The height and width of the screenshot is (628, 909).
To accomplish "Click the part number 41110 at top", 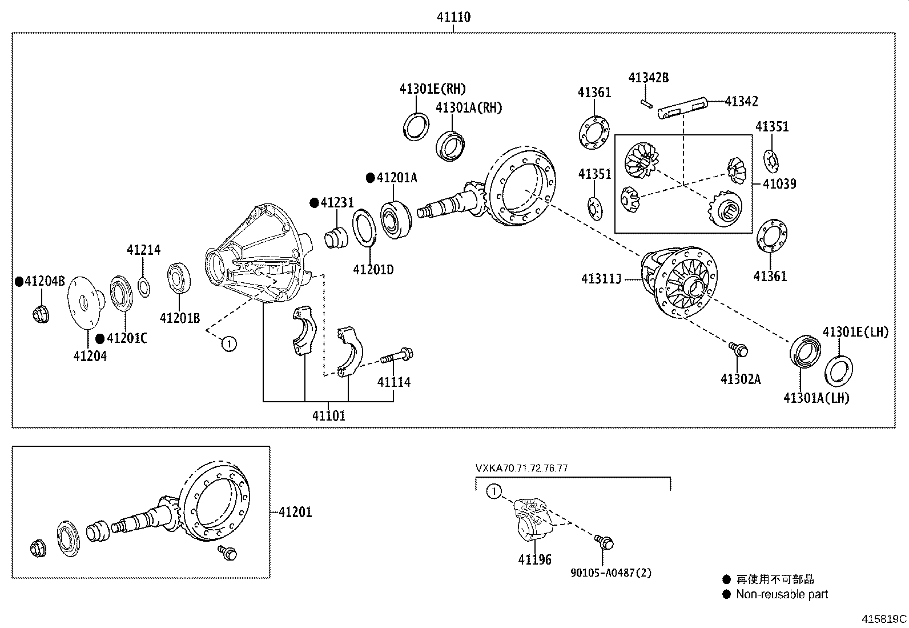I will (x=453, y=17).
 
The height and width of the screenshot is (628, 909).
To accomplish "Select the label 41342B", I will (x=648, y=78).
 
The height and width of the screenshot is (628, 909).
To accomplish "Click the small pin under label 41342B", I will (x=645, y=103).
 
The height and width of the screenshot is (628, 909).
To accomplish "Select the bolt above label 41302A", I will (x=738, y=349).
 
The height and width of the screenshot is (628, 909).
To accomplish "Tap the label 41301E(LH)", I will (x=855, y=332).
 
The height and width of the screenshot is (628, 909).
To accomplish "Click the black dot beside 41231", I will (x=313, y=203).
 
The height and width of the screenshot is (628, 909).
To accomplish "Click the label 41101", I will (x=328, y=416).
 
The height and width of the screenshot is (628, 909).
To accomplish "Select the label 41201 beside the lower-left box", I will (x=295, y=512).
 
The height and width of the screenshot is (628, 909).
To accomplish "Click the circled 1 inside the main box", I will (x=228, y=343).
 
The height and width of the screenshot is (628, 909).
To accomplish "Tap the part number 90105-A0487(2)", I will (x=610, y=573).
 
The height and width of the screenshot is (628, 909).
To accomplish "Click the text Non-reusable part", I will (x=782, y=594).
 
